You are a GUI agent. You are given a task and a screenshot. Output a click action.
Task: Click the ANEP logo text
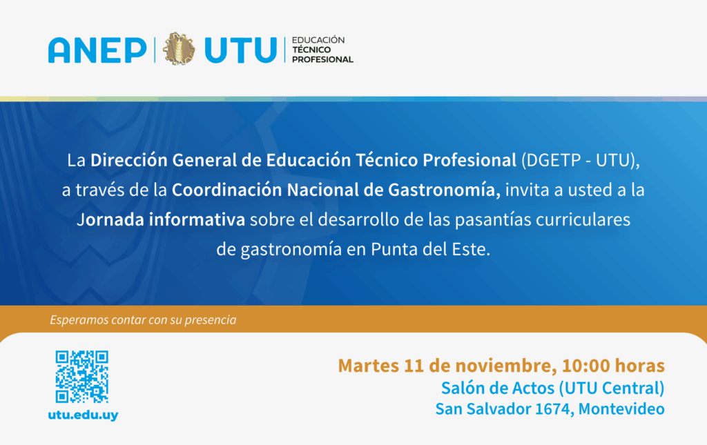point(97,50)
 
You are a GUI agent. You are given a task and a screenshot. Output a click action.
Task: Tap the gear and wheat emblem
point(179,49)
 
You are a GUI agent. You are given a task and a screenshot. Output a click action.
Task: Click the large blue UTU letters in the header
point(240,50)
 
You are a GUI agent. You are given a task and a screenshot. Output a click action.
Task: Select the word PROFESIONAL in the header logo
point(322,59)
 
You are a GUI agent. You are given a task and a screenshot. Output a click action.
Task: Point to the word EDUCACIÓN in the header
point(318,40)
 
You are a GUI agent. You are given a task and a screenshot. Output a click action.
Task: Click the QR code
point(81,377)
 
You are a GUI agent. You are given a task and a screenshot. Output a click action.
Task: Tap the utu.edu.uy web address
point(83,415)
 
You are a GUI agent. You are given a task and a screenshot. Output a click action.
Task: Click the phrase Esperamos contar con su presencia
point(143,320)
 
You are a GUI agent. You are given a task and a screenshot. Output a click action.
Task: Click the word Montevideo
point(621,409)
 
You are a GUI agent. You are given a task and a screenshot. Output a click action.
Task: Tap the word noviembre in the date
point(505,366)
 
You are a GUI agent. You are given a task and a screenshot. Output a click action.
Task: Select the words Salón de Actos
point(497,388)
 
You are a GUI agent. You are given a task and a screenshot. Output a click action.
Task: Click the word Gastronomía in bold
point(444,190)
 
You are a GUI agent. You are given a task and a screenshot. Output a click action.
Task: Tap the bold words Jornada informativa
point(161,220)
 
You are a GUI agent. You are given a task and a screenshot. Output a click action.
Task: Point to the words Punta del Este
point(430,250)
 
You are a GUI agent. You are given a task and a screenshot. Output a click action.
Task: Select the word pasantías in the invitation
point(493,220)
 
